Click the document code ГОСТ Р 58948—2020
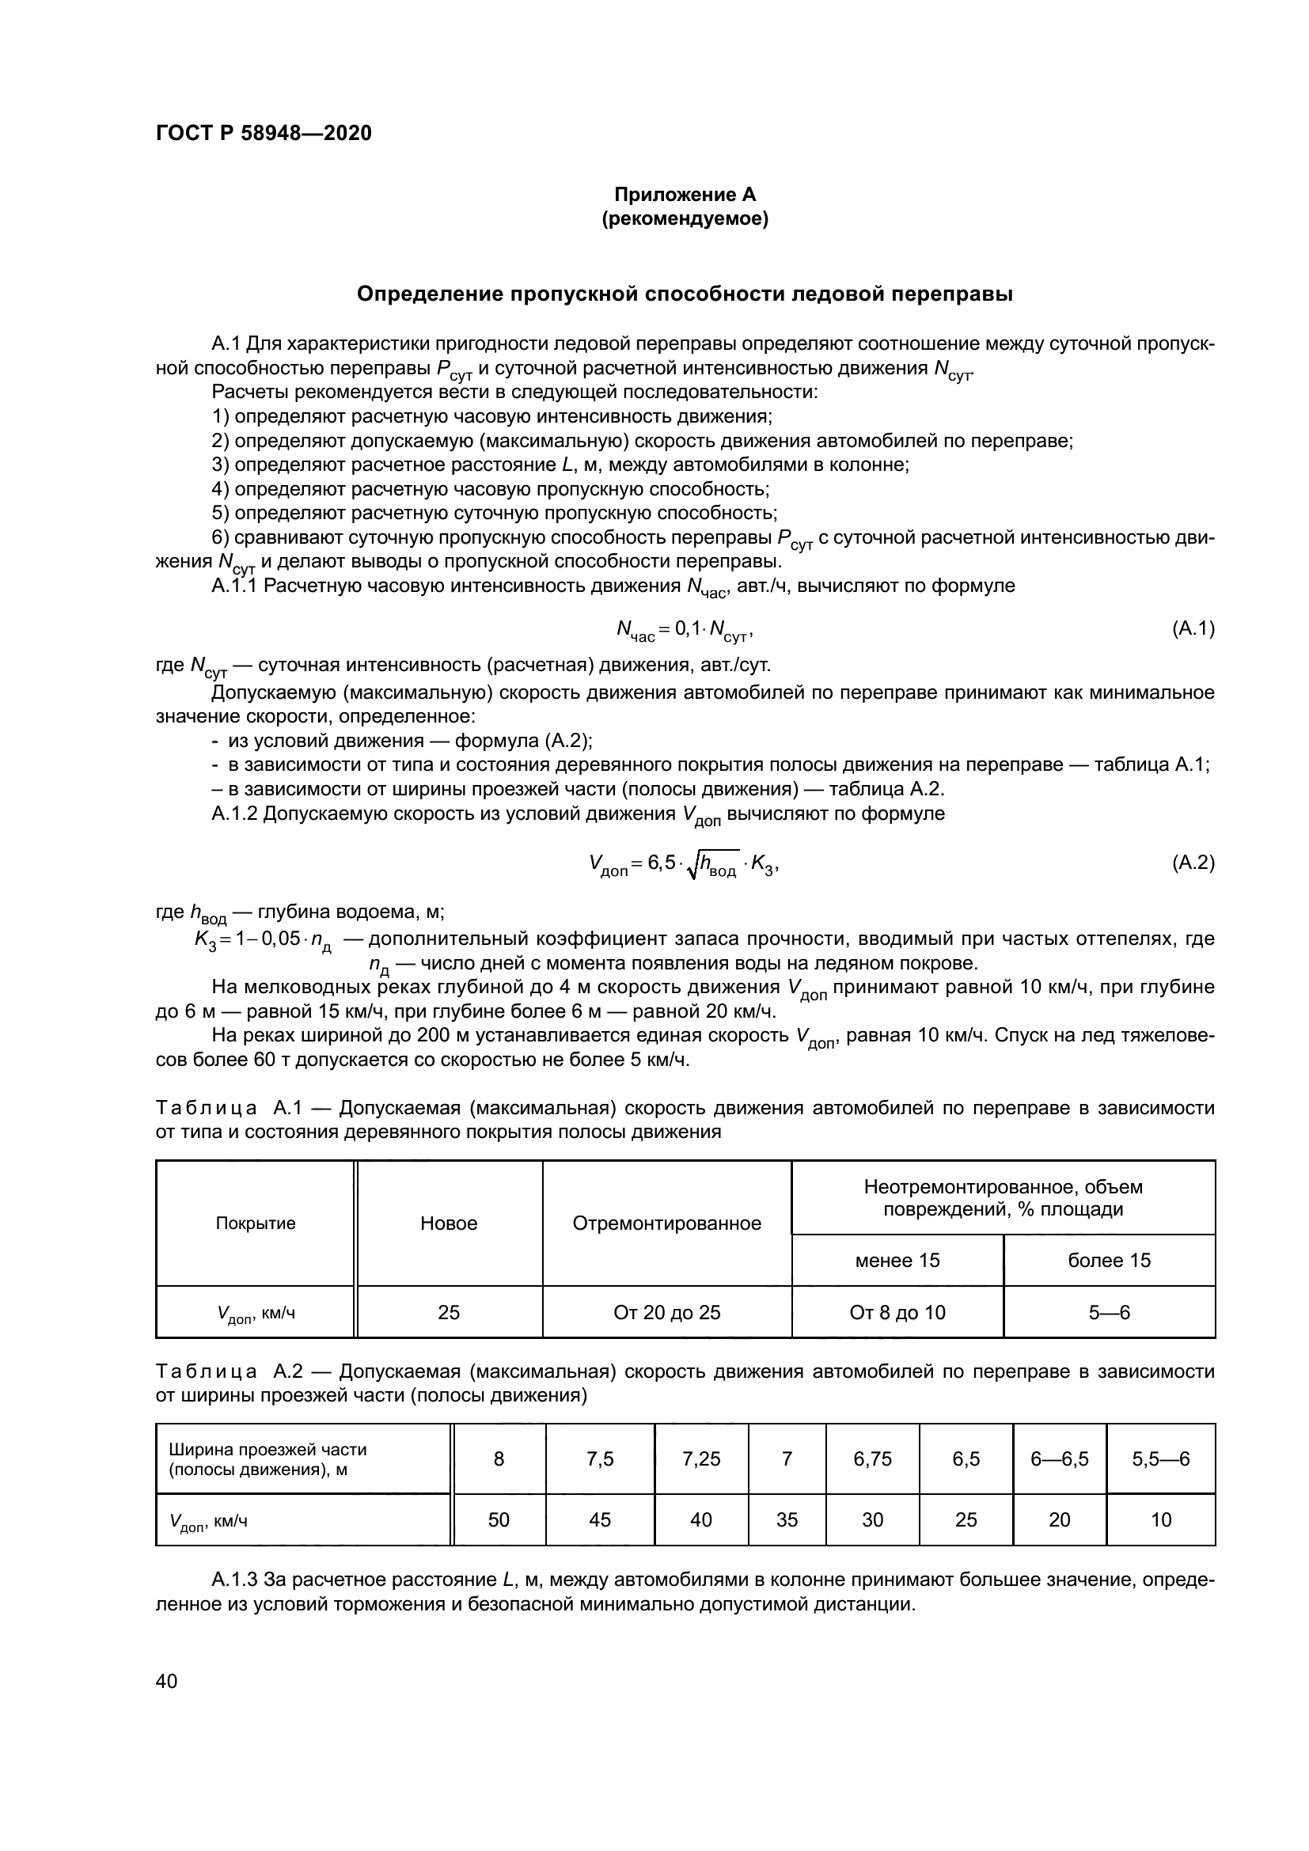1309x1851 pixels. point(264,133)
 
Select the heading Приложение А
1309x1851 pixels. point(685,195)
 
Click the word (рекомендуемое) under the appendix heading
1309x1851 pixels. point(685,218)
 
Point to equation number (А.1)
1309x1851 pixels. point(1193,629)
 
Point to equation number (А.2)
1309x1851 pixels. point(1193,863)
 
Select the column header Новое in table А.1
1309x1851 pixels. point(448,1223)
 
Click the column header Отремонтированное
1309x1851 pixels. point(666,1223)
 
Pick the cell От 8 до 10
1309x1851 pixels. point(897,1312)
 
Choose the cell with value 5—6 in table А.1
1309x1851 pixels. point(1109,1312)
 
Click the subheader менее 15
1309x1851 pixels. point(897,1260)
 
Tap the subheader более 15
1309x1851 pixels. point(1109,1260)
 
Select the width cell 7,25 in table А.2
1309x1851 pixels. point(701,1458)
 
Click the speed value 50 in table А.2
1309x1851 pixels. point(499,1519)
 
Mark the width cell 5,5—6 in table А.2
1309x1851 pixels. point(1161,1458)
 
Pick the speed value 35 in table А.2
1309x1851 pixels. point(787,1519)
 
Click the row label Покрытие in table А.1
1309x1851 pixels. point(256,1223)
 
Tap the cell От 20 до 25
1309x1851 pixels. point(666,1312)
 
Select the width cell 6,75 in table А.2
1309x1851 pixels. point(873,1458)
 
